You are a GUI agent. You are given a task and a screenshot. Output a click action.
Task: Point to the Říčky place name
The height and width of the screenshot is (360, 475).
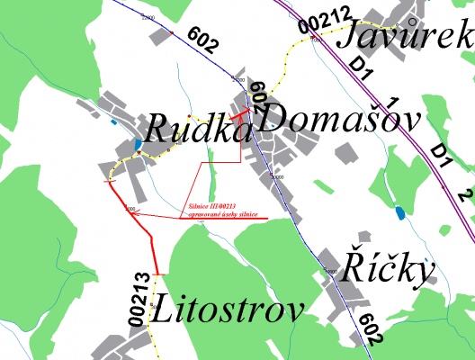pyautogui.click(x=389, y=266)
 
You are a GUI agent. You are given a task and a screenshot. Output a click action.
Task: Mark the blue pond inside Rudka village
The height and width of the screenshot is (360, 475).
pyautogui.click(x=136, y=145)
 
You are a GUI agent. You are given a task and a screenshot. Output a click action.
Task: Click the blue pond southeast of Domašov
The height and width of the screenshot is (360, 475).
pyautogui.click(x=399, y=213)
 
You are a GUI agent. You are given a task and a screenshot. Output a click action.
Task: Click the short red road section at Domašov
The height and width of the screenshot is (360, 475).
pyautogui.click(x=241, y=114)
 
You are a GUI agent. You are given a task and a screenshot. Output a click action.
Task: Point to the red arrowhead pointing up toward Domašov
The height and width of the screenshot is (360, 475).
pyautogui.click(x=239, y=121)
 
